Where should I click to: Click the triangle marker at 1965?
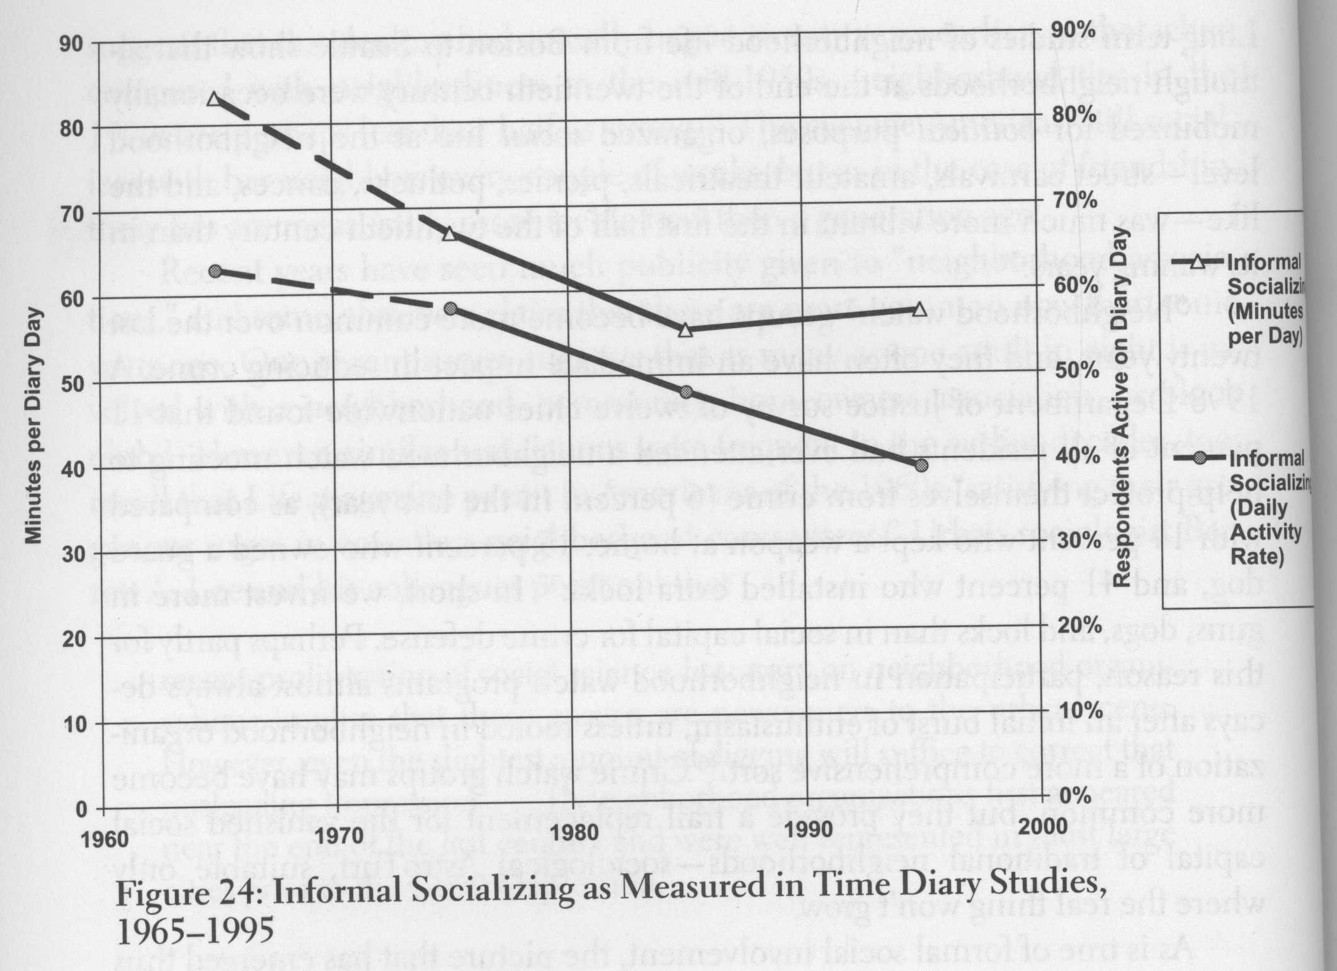coord(215,99)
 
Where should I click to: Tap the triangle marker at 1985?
coord(686,329)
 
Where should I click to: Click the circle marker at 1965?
coord(215,271)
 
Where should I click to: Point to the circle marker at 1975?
coord(450,309)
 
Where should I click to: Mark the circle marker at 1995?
coord(921,465)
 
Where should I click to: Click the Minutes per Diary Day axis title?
coord(34,426)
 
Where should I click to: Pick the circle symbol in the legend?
coord(1200,460)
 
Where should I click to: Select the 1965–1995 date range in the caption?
coord(195,933)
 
